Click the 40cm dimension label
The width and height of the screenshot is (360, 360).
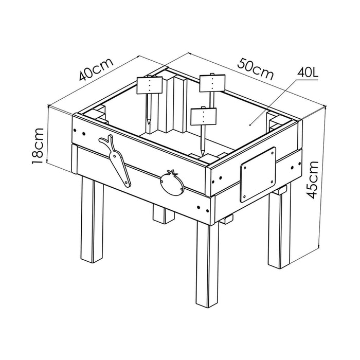tap(96, 69)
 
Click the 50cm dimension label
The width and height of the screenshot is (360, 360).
tap(255, 69)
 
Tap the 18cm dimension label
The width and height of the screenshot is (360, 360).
tap(38, 146)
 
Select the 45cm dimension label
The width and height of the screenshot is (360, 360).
tap(312, 180)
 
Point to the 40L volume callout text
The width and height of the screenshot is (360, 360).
tap(308, 73)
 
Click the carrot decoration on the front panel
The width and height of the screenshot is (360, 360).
tap(115, 160)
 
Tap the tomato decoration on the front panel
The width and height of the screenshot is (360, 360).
tap(172, 183)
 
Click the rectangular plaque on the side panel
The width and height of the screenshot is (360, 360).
tap(258, 175)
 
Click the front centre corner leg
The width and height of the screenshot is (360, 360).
tap(208, 265)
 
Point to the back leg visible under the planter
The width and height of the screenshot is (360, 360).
tap(164, 212)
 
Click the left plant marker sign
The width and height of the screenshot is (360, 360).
tap(150, 85)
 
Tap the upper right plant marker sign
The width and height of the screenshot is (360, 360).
tap(212, 83)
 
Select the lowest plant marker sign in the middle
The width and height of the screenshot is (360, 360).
tap(204, 117)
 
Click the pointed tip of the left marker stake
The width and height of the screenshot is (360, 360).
tap(149, 124)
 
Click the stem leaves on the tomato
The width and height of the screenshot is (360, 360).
tap(172, 173)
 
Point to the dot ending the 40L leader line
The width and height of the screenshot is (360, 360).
tap(250, 124)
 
